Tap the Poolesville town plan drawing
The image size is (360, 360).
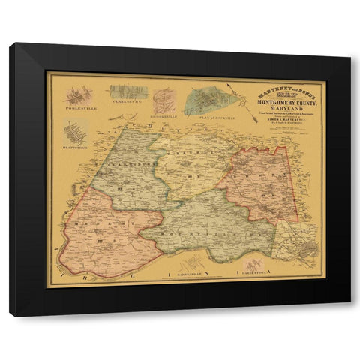[77, 95]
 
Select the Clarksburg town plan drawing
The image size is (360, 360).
[128, 92]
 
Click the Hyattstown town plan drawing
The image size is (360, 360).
[75, 133]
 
